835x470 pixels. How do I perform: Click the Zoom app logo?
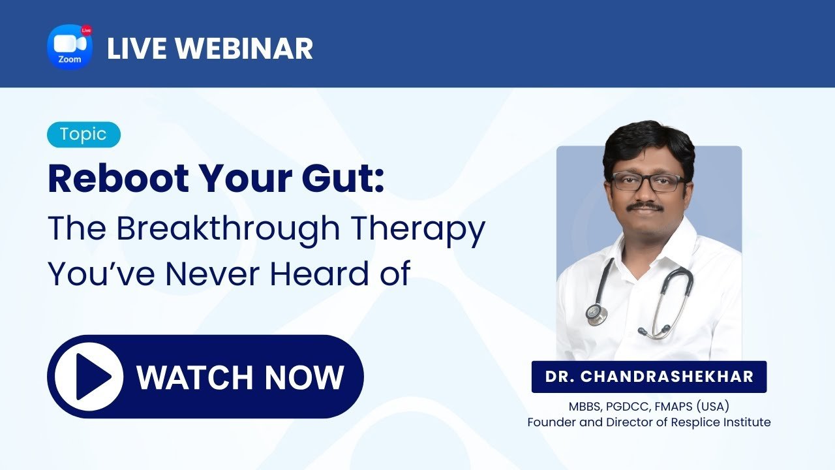(x=70, y=47)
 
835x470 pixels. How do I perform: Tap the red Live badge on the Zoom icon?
(x=87, y=30)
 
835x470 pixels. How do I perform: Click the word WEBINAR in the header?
(x=244, y=48)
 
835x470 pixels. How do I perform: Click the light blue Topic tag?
(x=84, y=134)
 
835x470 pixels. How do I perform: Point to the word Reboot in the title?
(x=119, y=179)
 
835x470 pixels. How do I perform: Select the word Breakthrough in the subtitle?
(x=228, y=228)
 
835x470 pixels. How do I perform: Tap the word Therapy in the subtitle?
(x=418, y=228)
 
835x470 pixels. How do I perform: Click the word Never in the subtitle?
(x=213, y=274)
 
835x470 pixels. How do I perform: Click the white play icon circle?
(x=89, y=377)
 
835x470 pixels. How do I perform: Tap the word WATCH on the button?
(x=194, y=377)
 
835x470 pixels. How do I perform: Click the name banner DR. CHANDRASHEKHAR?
(x=649, y=377)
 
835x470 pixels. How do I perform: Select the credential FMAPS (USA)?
(x=692, y=406)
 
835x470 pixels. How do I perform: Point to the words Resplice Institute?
(x=721, y=422)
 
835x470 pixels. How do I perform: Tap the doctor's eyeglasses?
(x=650, y=182)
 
